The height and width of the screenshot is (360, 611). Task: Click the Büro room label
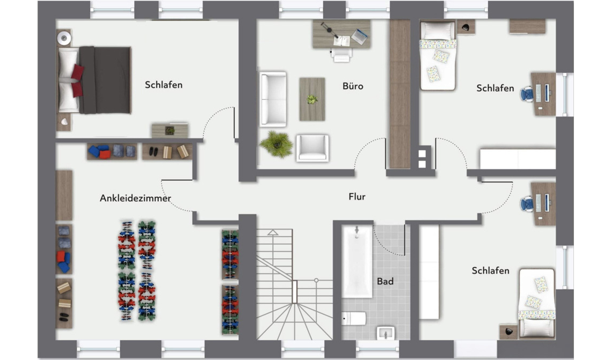[353, 86]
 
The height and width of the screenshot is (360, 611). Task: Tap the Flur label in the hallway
[357, 196]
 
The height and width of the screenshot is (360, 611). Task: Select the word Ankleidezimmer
[135, 198]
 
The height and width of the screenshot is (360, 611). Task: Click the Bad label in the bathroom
[385, 281]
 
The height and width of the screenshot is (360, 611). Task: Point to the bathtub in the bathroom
[357, 261]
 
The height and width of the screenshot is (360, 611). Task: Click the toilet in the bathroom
[354, 318]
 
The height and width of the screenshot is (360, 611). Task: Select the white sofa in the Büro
[273, 99]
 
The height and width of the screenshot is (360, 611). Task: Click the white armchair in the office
[312, 148]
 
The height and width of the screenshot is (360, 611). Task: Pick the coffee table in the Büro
[312, 99]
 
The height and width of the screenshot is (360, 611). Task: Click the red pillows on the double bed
[77, 80]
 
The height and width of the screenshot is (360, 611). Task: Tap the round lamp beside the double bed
[63, 38]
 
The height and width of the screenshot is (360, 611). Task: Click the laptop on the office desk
[359, 36]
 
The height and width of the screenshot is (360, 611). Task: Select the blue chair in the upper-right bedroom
[527, 94]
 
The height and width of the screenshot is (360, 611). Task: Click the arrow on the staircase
[273, 232]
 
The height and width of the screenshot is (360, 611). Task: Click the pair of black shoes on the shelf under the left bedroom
[154, 151]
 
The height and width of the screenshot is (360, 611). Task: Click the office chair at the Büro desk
[341, 55]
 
